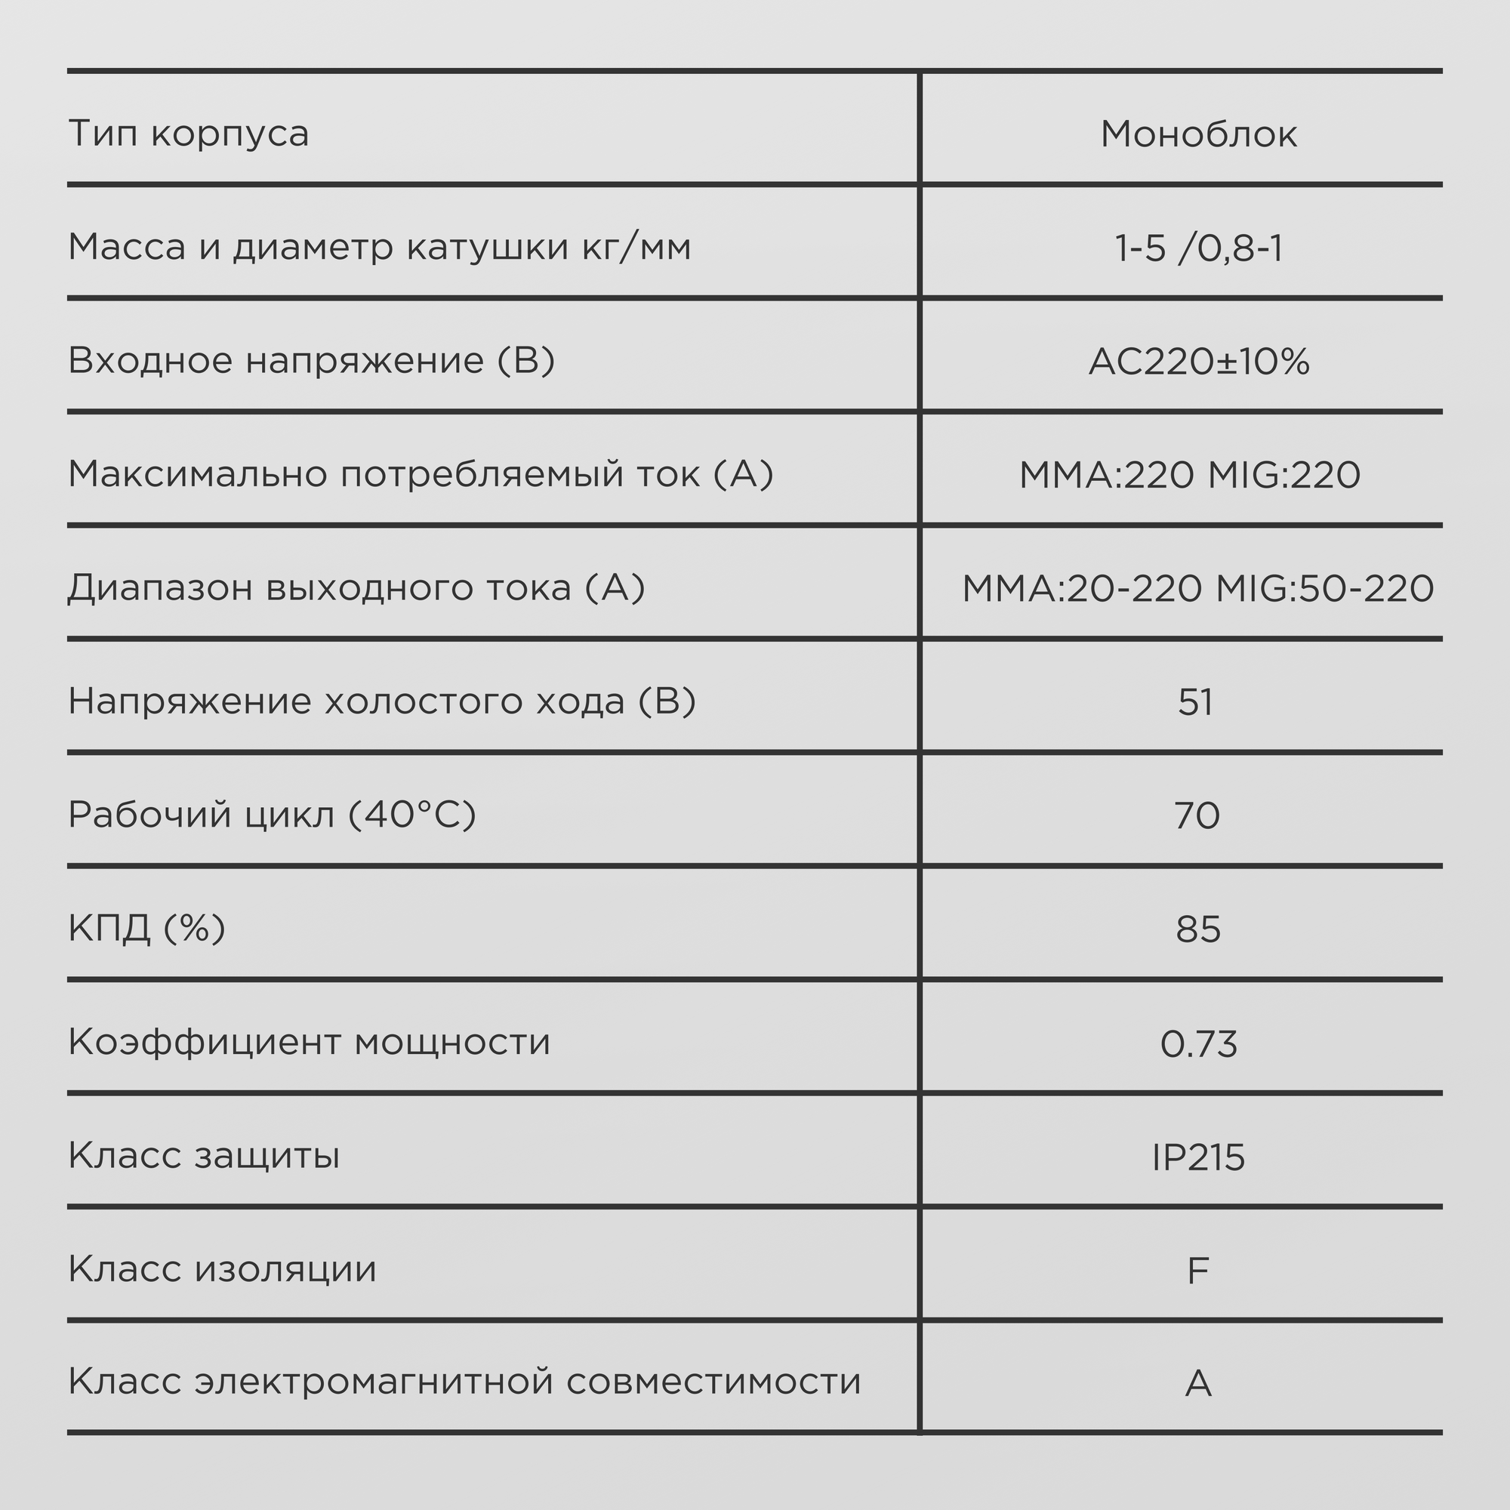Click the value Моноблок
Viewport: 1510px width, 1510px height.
tap(1198, 134)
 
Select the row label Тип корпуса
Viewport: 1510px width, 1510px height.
tap(188, 134)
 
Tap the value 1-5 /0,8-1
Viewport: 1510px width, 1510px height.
tap(1198, 248)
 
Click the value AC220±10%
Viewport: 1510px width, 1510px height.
tap(1198, 362)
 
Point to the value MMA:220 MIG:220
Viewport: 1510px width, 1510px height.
tap(1190, 475)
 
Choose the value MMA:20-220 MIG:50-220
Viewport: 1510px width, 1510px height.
tap(1197, 589)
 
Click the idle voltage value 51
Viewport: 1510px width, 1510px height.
tap(1196, 702)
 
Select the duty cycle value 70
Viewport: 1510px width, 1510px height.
tap(1197, 816)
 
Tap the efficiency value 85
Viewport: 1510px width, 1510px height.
tap(1197, 929)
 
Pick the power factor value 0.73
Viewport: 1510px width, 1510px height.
tap(1198, 1044)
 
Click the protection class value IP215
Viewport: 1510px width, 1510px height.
tap(1198, 1157)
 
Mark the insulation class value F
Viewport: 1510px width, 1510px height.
tap(1197, 1271)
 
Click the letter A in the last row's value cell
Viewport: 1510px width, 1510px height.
tap(1197, 1384)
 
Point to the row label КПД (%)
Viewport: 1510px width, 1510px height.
tap(147, 929)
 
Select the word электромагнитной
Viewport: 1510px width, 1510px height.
tap(374, 1382)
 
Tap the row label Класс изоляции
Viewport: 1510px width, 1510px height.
tap(222, 1269)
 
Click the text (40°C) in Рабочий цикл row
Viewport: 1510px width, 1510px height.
tap(411, 815)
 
